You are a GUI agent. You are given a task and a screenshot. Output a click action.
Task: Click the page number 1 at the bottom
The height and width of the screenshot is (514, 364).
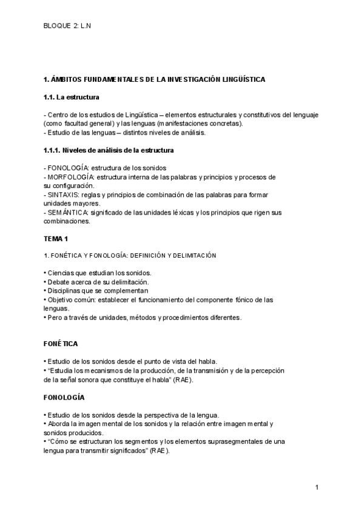[x=317, y=487]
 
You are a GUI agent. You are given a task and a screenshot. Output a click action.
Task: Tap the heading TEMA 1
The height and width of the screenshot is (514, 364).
[x=56, y=239]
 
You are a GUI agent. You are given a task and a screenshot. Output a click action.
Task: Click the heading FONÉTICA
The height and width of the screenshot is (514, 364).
[x=61, y=344]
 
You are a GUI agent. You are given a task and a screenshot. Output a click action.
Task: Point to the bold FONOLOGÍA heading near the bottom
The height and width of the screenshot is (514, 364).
[x=64, y=397]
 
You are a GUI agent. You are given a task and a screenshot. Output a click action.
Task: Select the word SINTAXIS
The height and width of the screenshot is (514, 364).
[x=62, y=195]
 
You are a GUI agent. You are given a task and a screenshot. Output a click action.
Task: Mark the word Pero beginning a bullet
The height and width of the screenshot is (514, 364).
[x=56, y=317]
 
